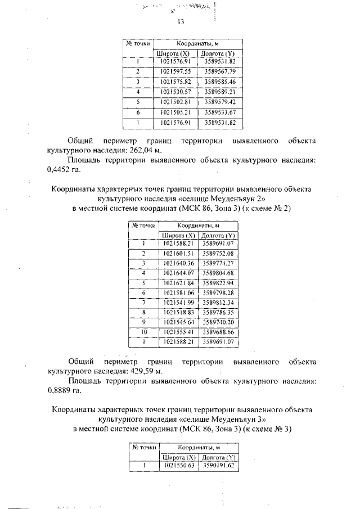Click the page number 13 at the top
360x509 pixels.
(x=180, y=22)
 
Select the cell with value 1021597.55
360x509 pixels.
(x=176, y=71)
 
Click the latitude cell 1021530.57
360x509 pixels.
(x=176, y=92)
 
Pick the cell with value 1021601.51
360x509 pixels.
(x=178, y=254)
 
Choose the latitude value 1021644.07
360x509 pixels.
(x=178, y=273)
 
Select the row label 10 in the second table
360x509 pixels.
(x=143, y=332)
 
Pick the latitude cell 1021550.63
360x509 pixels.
(x=178, y=466)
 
